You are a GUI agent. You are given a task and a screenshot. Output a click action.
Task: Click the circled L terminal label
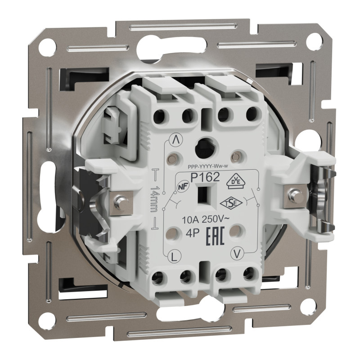point(174,257)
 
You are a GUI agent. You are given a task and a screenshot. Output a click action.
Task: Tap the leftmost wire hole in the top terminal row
point(159,117)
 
